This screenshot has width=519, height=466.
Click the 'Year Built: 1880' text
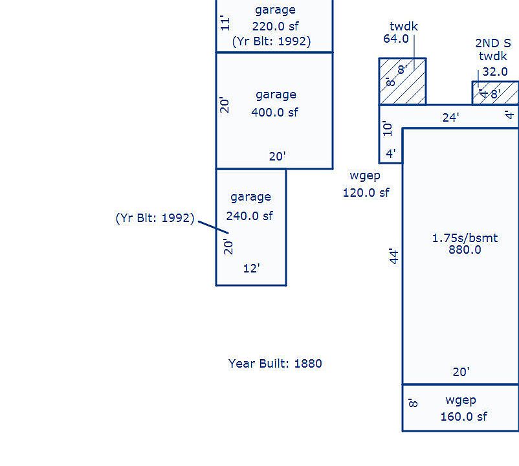click(x=275, y=363)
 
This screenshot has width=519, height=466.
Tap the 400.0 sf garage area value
click(x=274, y=112)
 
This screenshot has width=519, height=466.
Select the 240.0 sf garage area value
click(x=250, y=216)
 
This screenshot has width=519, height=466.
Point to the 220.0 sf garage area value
click(x=276, y=26)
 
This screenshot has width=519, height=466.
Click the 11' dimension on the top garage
click(x=225, y=23)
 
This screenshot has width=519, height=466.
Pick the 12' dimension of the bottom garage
click(x=252, y=268)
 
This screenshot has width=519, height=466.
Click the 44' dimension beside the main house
click(x=393, y=256)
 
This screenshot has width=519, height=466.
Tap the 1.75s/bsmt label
click(x=465, y=238)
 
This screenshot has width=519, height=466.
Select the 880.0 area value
click(x=465, y=250)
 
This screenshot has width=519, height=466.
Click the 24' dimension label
click(x=451, y=118)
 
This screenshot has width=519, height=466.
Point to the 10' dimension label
click(x=387, y=128)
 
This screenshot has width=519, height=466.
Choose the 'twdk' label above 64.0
click(x=404, y=26)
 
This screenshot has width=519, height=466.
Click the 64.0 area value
click(x=396, y=39)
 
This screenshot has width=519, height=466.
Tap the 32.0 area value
click(x=495, y=71)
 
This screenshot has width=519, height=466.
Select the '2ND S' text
click(x=493, y=43)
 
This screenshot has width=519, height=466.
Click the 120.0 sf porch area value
click(x=366, y=192)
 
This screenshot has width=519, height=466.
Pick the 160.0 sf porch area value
click(x=463, y=416)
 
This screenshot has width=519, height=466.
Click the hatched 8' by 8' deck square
click(x=403, y=82)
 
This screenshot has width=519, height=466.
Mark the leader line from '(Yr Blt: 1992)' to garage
click(x=214, y=227)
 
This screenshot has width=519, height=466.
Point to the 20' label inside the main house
click(x=461, y=372)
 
